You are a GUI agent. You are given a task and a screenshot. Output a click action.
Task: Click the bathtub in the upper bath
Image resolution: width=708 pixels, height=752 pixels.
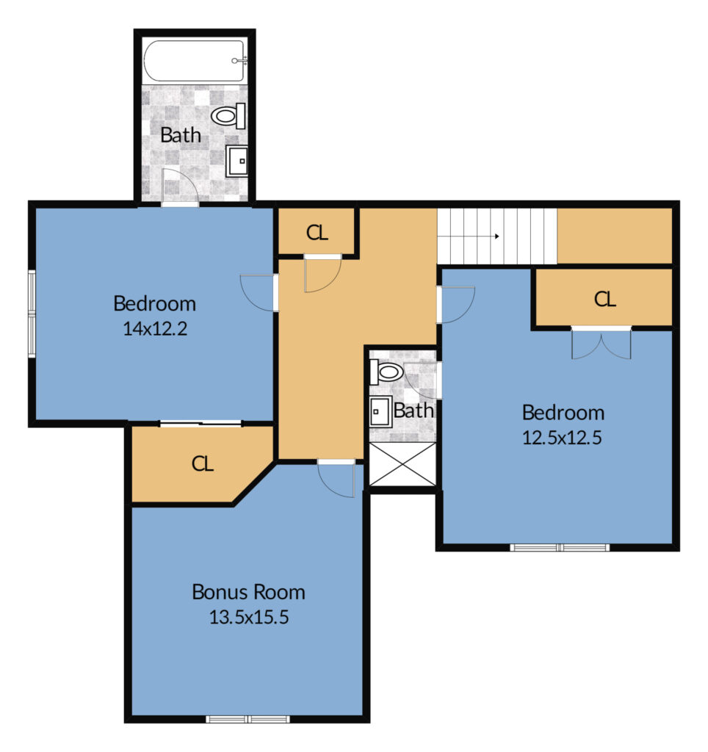195,61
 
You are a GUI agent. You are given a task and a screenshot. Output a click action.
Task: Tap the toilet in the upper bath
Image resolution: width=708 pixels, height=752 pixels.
228,115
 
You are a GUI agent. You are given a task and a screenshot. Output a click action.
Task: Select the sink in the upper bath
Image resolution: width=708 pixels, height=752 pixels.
236,161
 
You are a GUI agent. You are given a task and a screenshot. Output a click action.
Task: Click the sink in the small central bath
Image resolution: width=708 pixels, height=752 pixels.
381,411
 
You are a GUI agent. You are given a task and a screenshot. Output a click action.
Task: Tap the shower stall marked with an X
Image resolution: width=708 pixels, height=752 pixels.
402,464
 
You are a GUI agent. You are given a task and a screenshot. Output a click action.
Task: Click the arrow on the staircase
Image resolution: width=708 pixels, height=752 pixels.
491,236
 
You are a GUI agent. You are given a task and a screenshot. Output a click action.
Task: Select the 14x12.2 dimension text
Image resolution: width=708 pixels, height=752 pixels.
155,328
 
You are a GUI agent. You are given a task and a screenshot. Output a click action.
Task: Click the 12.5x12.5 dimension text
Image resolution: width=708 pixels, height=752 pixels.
562,438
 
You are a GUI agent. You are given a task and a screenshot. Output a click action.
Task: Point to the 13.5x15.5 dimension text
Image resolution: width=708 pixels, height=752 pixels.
249,617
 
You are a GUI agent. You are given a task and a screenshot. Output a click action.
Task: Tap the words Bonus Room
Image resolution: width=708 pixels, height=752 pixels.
248,592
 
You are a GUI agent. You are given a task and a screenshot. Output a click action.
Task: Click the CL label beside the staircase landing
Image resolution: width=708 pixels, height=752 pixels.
317,233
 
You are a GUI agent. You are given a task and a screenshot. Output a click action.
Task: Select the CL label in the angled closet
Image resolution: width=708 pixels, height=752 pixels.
203,464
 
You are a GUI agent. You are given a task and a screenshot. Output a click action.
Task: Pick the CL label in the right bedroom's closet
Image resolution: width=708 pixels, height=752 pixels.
605,300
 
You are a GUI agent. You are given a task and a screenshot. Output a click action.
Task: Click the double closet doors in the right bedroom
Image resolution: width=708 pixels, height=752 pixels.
601,344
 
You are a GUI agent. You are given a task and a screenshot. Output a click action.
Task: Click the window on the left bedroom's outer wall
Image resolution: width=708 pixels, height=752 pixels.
32,314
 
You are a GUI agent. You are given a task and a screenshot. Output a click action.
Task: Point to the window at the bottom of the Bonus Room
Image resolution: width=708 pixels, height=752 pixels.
248,719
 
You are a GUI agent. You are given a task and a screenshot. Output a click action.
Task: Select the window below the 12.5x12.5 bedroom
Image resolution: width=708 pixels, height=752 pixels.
560,547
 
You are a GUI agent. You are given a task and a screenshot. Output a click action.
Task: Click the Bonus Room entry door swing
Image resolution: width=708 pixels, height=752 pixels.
336,480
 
